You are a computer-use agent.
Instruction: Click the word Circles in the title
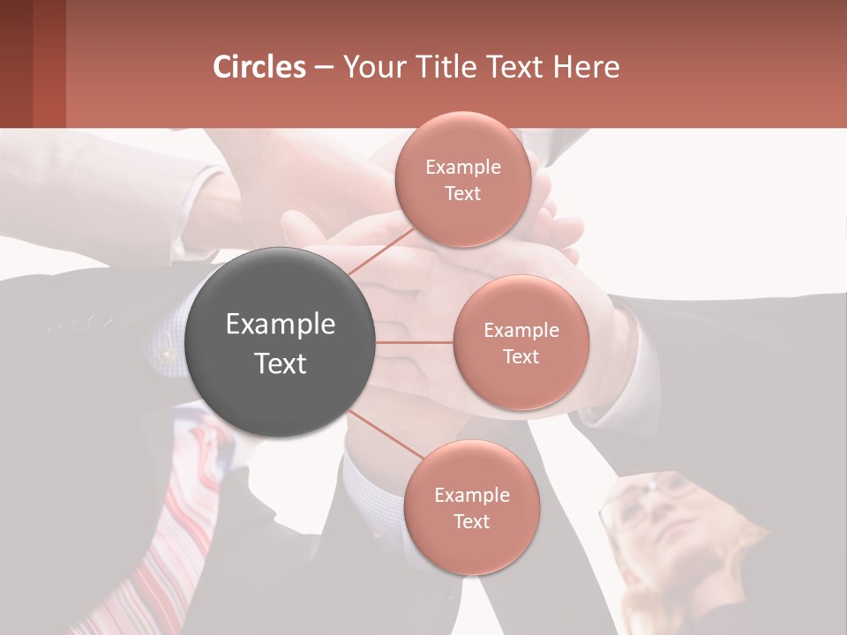point(259,67)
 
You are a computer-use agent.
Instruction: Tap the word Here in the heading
point(586,67)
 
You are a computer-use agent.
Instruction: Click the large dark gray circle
point(281,397)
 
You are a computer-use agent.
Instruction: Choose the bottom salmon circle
point(471,547)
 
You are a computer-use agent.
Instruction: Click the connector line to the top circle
point(381,250)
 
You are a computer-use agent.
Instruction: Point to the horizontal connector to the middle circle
point(415,342)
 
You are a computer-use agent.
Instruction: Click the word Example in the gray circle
point(281,325)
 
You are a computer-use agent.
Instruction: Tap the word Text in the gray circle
point(281,363)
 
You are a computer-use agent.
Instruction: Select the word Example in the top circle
point(463,168)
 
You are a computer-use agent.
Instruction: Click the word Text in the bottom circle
point(471,522)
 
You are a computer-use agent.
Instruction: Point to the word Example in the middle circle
point(521,331)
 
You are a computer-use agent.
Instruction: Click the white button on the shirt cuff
point(164,355)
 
